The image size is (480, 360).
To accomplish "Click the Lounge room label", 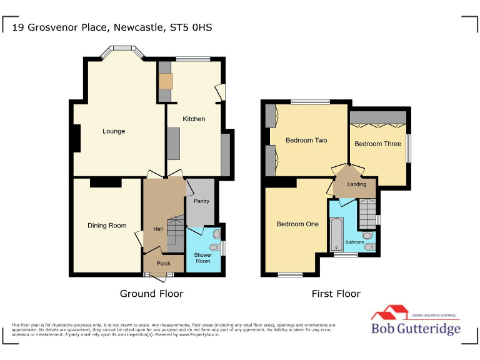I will tap(114, 131).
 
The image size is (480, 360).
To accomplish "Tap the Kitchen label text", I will tap(194, 119).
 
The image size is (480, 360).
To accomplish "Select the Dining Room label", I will tap(107, 226).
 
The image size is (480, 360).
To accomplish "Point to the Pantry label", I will tap(201, 201).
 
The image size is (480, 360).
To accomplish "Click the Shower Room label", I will tap(202, 257).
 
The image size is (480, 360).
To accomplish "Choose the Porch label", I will tap(163, 264).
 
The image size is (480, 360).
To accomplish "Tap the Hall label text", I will tap(158, 229).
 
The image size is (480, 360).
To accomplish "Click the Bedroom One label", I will tap(297, 224).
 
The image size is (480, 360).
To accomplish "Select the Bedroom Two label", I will tap(306, 140).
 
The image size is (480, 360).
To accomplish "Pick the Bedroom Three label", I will tap(377, 144).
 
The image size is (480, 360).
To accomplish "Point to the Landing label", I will tap(357, 184).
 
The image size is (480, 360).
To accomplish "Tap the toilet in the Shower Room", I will tap(216, 235).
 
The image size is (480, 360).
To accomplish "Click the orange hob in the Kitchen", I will tap(165, 81).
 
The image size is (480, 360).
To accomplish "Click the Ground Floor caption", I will tap(151, 294).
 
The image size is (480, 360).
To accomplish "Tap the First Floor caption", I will tap(336, 294).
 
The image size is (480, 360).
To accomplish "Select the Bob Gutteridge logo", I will tap(416, 322).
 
